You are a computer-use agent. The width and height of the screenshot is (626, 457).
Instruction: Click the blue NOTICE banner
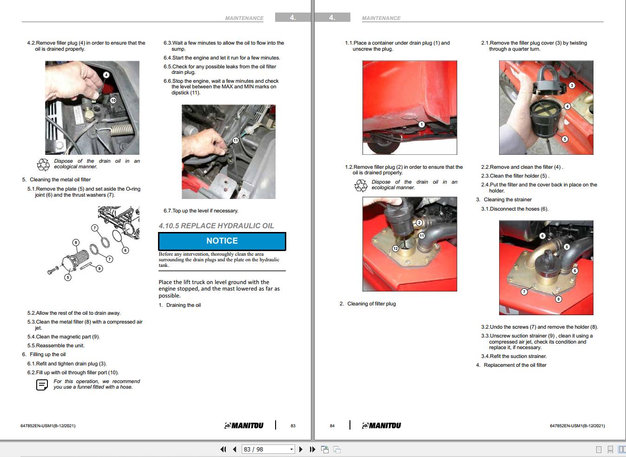(222, 241)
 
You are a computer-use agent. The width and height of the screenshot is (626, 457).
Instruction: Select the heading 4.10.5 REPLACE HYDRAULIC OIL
(216, 226)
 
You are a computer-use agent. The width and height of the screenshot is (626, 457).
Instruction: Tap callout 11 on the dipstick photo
(236, 140)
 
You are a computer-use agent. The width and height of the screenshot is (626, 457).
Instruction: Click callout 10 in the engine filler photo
(113, 100)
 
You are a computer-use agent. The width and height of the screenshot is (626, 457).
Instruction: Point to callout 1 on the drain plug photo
(422, 124)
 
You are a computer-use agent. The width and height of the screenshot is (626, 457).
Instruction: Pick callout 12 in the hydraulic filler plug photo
(395, 248)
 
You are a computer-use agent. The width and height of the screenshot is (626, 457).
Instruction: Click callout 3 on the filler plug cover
(572, 85)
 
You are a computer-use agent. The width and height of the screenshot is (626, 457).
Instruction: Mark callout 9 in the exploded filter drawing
(99, 268)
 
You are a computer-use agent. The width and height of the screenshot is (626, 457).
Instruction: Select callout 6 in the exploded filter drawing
(125, 250)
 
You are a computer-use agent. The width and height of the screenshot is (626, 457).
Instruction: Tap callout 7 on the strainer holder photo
(524, 291)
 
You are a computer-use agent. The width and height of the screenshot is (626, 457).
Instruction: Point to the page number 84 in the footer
(332, 426)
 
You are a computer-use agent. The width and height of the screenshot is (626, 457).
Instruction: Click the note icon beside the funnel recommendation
(42, 384)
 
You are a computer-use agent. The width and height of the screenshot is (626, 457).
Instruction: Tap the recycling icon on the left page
(43, 164)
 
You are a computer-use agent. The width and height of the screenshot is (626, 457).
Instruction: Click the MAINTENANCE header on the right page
(381, 18)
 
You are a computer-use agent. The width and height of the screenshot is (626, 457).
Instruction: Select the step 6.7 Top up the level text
(201, 211)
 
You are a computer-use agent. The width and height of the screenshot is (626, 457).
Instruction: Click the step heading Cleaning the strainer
(507, 199)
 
